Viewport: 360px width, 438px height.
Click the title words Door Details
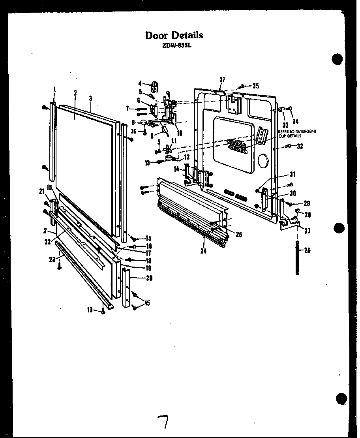click(x=174, y=35)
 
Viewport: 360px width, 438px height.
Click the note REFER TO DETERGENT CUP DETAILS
click(x=297, y=133)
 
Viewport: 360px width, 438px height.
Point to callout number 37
click(x=222, y=80)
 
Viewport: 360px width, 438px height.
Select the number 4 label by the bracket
click(x=140, y=83)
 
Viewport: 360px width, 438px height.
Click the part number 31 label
click(x=292, y=174)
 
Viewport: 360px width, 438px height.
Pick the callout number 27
click(x=307, y=231)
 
